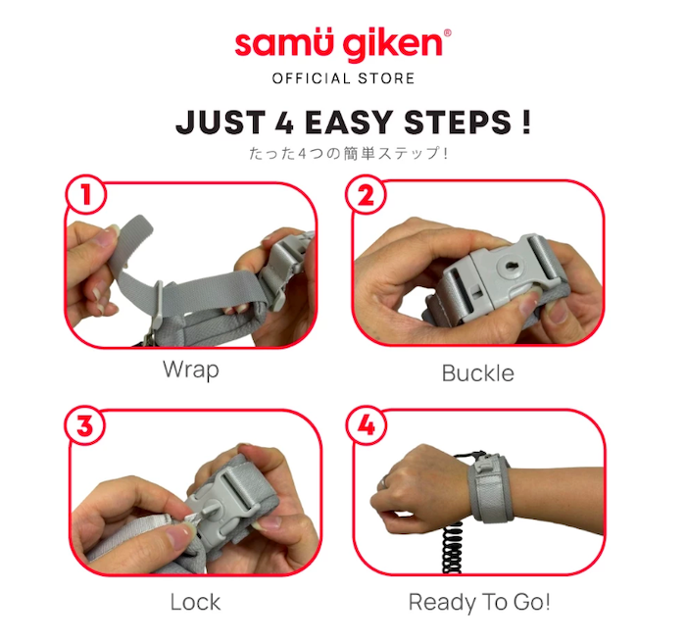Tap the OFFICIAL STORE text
pyautogui.click(x=342, y=78)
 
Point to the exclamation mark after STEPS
pyautogui.click(x=525, y=124)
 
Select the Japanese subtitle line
pyautogui.click(x=342, y=154)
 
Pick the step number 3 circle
pyautogui.click(x=86, y=426)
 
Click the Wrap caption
pyautogui.click(x=191, y=371)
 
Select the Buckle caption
pyautogui.click(x=477, y=372)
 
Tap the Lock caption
pyautogui.click(x=195, y=601)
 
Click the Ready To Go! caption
pyautogui.click(x=477, y=601)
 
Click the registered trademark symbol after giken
pyautogui.click(x=448, y=33)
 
